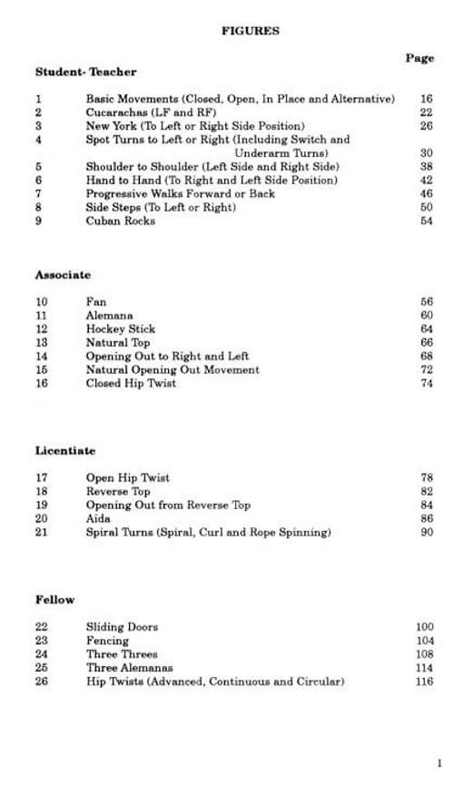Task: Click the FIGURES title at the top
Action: pyautogui.click(x=251, y=30)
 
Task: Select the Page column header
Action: pyautogui.click(x=419, y=58)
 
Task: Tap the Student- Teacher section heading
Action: pyautogui.click(x=85, y=72)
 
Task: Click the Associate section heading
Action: pyautogui.click(x=63, y=274)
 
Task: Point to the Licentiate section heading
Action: pyautogui.click(x=65, y=451)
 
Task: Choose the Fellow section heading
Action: pyautogui.click(x=55, y=600)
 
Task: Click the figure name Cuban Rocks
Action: pyautogui.click(x=121, y=221)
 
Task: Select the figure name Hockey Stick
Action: pyautogui.click(x=121, y=329)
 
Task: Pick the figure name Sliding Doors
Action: pyautogui.click(x=122, y=627)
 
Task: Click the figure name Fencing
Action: pyautogui.click(x=107, y=641)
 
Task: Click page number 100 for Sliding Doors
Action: pyautogui.click(x=424, y=627)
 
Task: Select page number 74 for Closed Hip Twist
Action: pyautogui.click(x=427, y=384)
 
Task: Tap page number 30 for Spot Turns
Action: pyautogui.click(x=427, y=153)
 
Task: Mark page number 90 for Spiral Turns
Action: pyautogui.click(x=427, y=533)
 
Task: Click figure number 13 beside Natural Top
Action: pyautogui.click(x=42, y=343)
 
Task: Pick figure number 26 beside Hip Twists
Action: pyautogui.click(x=42, y=682)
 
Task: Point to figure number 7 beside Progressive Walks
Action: pyautogui.click(x=38, y=194)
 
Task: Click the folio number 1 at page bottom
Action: pyautogui.click(x=439, y=763)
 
